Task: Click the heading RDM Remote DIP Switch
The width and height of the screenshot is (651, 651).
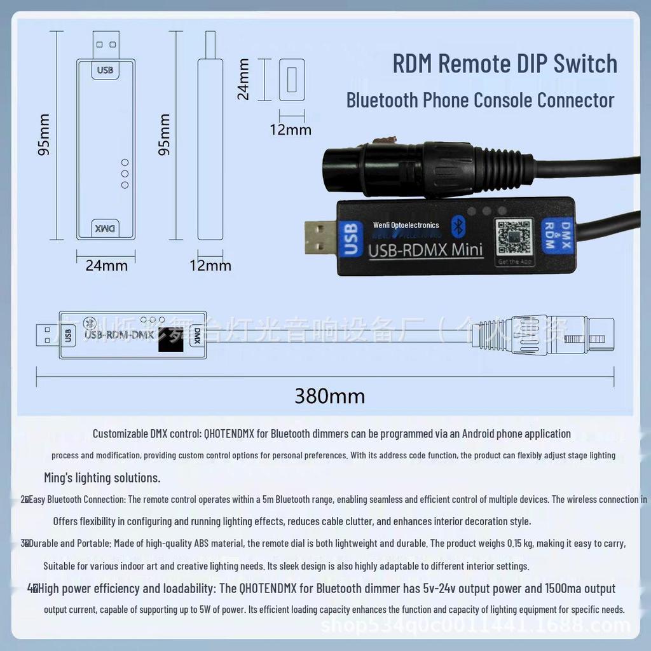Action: click(505, 64)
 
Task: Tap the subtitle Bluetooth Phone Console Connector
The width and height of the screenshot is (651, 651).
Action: click(480, 100)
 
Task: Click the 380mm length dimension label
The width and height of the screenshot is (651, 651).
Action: click(329, 396)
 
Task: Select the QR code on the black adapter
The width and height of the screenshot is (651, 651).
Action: click(514, 236)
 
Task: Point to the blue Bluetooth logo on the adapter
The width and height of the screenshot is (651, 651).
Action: click(456, 224)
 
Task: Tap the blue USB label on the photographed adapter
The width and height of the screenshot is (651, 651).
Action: click(349, 238)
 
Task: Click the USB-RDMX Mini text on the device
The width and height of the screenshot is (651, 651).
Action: click(425, 249)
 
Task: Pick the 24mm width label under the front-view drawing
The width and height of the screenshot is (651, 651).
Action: click(106, 265)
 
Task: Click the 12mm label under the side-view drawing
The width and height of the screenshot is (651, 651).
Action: click(210, 265)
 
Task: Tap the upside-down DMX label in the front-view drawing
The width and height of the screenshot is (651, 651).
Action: click(106, 228)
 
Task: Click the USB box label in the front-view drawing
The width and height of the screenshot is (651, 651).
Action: click(106, 69)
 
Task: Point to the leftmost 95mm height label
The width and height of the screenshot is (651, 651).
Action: click(43, 135)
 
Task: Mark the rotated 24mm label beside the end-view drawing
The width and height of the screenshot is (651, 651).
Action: click(243, 79)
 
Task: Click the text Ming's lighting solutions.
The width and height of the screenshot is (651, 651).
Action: click(102, 477)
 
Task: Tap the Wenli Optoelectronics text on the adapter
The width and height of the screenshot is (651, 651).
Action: click(406, 225)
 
